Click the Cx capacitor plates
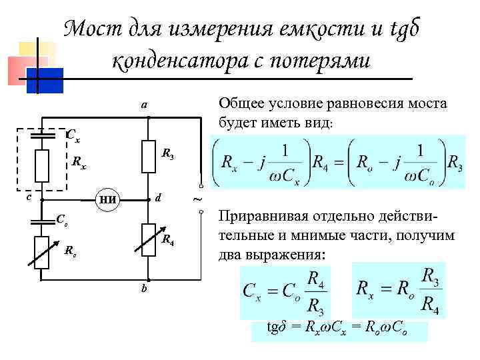[x=42, y=134]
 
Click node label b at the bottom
[x=144, y=289]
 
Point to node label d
[x=157, y=198]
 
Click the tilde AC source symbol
[x=196, y=199]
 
